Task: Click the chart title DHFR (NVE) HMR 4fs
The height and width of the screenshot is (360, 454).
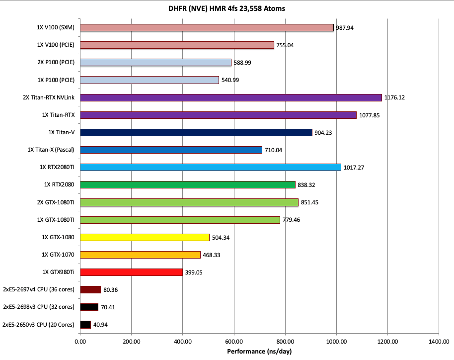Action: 227,8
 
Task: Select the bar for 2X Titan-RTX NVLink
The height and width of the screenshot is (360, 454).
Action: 230,97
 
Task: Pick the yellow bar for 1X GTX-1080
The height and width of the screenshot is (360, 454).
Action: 145,237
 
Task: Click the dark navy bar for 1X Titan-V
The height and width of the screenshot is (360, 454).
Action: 196,132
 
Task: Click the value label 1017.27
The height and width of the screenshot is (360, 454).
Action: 354,168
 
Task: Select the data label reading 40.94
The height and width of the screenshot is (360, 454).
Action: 101,325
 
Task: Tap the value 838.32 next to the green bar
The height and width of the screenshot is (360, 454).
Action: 307,185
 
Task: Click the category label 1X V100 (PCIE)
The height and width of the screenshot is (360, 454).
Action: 56,45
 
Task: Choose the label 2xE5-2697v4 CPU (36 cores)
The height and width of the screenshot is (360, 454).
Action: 39,289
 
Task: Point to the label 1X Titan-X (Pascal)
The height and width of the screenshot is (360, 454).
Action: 52,150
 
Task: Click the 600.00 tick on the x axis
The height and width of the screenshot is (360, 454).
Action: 234,342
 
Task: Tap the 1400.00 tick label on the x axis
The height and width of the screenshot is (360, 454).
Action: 439,342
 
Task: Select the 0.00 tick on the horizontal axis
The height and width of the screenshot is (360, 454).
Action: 80,342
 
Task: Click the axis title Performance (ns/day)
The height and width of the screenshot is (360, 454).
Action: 259,351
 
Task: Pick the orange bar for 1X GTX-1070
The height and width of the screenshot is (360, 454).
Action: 140,255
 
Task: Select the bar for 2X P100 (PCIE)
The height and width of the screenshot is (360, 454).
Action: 155,63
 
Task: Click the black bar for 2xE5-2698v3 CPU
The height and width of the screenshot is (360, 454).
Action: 89,307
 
